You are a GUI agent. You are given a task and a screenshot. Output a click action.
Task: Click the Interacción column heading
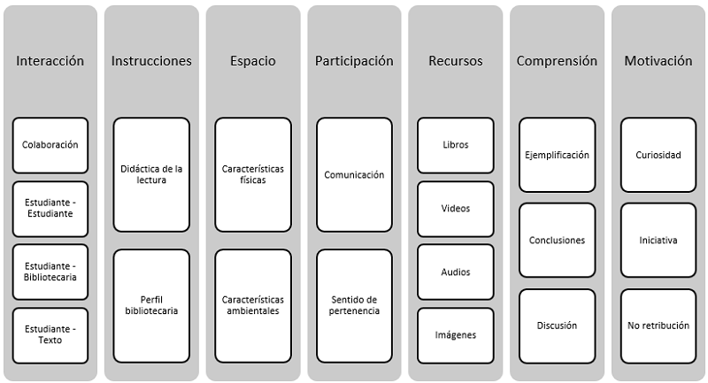[50, 61]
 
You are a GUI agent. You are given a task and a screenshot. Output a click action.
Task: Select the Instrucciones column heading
[151, 61]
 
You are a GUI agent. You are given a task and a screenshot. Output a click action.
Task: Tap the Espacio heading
[252, 61]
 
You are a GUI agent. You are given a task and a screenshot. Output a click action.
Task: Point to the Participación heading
[354, 61]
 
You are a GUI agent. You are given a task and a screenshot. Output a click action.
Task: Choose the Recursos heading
[456, 61]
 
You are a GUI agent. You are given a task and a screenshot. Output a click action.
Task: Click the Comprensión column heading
[557, 61]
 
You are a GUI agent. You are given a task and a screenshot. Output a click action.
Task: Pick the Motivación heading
[658, 61]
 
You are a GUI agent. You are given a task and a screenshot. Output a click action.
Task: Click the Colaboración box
[50, 145]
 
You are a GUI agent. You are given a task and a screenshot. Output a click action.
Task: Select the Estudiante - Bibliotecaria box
[50, 272]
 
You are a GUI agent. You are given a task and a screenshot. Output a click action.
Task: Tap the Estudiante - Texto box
[50, 335]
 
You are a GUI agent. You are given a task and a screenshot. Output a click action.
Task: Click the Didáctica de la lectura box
[151, 174]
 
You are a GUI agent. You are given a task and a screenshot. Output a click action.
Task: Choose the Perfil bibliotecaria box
[151, 305]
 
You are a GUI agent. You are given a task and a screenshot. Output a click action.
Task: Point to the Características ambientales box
[252, 305]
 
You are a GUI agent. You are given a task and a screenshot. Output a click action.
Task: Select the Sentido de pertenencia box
[354, 305]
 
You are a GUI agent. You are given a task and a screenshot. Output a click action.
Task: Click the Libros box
[456, 145]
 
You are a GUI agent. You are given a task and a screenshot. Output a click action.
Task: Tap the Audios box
[456, 272]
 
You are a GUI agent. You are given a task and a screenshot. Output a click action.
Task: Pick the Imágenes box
[456, 335]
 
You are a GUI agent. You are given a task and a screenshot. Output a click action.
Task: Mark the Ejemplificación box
[557, 155]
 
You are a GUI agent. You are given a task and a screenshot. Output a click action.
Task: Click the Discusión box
[557, 326]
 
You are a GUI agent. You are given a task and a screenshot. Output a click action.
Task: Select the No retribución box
[658, 326]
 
